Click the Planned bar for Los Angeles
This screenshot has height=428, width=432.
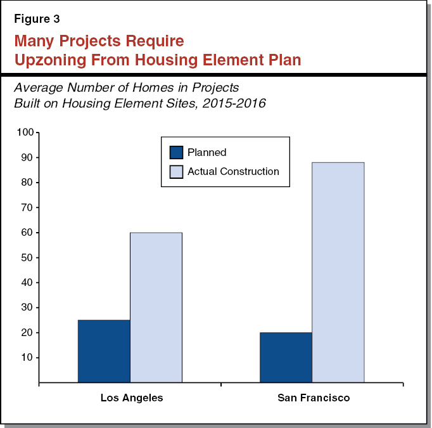[x=104, y=351]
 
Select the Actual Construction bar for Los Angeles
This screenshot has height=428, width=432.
[x=156, y=308]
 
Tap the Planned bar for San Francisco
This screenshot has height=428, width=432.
[x=286, y=358]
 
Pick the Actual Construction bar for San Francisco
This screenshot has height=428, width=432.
[x=338, y=273]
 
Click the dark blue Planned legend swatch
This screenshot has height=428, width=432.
[x=176, y=153]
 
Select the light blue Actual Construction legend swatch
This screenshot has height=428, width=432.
[x=176, y=171]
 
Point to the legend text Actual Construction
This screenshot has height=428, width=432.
[x=233, y=171]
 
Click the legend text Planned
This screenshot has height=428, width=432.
[x=206, y=153]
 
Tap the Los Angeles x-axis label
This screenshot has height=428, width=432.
[x=131, y=398]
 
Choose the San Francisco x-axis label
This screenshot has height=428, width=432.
[x=314, y=398]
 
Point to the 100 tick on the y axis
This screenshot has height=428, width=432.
[x=25, y=133]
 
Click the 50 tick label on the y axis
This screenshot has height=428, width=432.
[x=27, y=257]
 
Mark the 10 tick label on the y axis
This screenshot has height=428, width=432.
[x=27, y=358]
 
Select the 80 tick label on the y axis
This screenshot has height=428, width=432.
[x=27, y=183]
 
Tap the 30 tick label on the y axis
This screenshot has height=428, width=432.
[x=27, y=308]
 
